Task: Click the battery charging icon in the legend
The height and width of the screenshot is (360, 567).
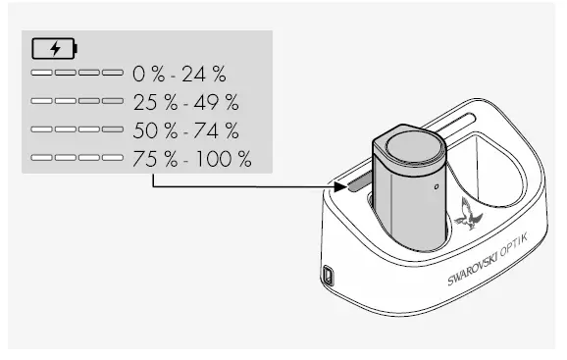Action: point(54,47)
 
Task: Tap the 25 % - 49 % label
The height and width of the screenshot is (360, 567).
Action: point(185,102)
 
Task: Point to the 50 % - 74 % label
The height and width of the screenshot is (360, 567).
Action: point(185,129)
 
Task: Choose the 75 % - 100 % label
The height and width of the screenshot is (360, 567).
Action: point(191,158)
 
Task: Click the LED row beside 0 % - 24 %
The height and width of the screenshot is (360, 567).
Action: point(77,74)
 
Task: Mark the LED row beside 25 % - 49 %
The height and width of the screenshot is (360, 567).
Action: point(77,102)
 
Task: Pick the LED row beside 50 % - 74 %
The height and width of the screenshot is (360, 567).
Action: point(77,129)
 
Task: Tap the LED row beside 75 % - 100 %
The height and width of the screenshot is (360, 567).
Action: point(77,158)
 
